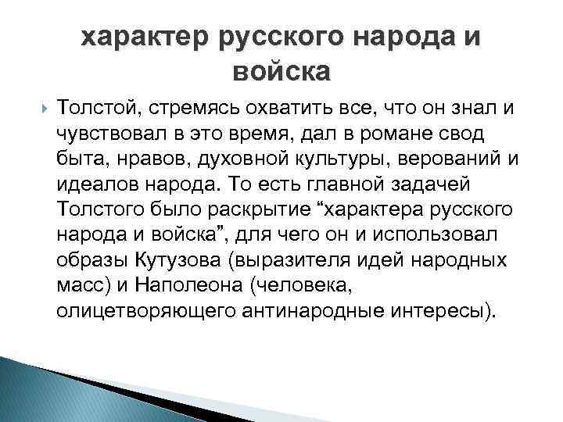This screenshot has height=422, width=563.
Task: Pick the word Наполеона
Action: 192,285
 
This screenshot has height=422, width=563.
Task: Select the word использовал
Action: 448,234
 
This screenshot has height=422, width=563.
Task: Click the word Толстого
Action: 96,209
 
